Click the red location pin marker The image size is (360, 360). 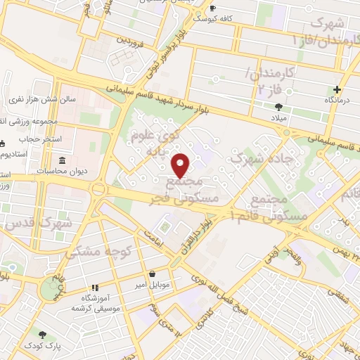[181, 166]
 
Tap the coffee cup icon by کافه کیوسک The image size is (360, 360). [213, 8]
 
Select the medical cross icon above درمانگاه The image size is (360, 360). [337, 89]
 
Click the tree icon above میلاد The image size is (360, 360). [279, 107]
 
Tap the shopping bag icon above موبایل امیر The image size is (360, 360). [152, 274]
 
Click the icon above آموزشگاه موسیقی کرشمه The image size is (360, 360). [94, 288]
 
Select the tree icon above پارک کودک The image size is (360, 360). [42, 334]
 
